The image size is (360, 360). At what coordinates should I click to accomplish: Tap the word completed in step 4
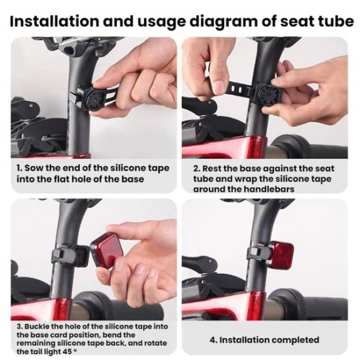(x=295, y=339)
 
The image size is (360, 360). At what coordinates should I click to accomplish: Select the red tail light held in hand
(x=106, y=249)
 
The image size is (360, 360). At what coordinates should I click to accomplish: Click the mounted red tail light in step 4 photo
(x=282, y=255)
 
